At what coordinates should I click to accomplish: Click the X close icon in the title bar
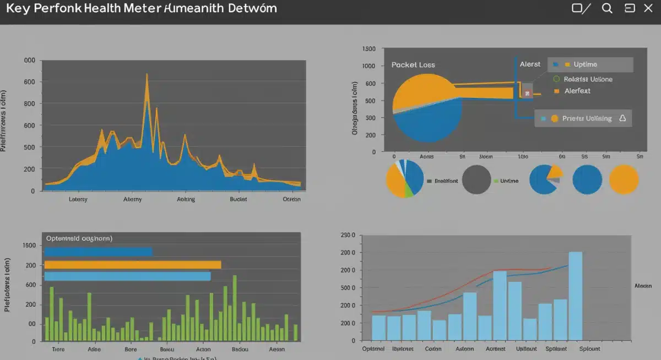point(648,8)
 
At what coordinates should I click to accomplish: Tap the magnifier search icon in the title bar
point(607,8)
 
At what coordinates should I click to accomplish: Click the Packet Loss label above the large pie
point(413,64)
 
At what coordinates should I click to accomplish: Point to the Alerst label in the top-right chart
point(530,64)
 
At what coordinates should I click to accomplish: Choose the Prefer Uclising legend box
point(583,118)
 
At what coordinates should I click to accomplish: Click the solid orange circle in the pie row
point(624,179)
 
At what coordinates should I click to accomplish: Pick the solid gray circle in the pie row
point(476,179)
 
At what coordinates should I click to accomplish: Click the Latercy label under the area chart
point(78,199)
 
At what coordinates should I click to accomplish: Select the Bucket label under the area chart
point(239,199)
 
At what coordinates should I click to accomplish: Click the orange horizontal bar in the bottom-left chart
point(132,265)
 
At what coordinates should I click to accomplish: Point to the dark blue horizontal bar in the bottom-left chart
point(98,252)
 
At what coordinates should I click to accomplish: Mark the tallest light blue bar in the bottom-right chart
point(575,296)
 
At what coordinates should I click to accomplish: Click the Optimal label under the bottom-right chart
point(373,348)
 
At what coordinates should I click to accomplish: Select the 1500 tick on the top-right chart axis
point(369,49)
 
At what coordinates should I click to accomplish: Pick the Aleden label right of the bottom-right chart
point(643,286)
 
